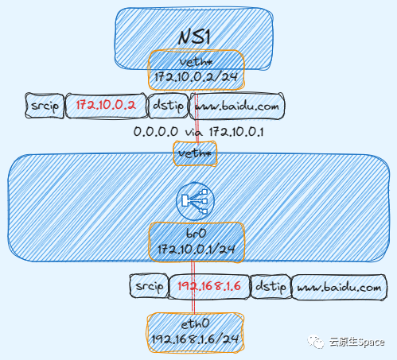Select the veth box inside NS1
[196, 61]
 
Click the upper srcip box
[45, 106]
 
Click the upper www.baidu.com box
[236, 106]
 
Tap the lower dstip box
[271, 286]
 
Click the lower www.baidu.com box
[343, 286]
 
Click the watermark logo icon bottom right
[317, 343]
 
